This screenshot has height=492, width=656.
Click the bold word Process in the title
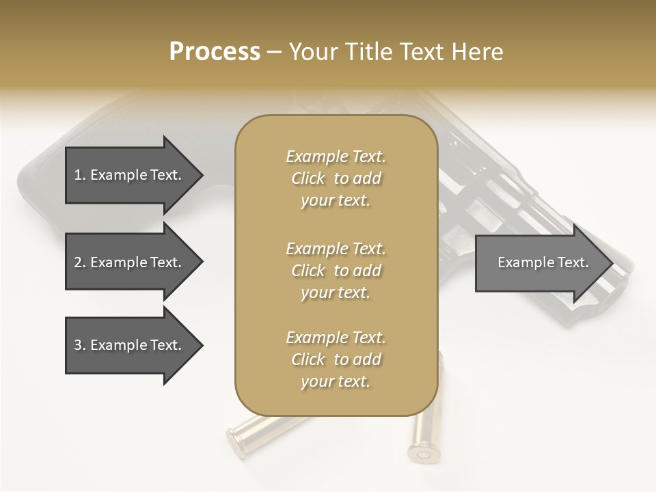215,52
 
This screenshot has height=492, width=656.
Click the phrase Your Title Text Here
396,52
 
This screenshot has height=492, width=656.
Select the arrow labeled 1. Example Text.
130,175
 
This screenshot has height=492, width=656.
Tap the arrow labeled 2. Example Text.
130,262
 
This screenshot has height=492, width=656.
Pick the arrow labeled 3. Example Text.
130,345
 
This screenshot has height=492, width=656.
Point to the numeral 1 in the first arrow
78,175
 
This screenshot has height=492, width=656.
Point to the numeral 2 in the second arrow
78,262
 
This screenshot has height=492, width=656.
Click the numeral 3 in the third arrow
78,345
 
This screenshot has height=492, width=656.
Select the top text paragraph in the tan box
336,178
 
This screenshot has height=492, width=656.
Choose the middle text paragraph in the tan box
336,271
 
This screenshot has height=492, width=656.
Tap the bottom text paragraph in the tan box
336,359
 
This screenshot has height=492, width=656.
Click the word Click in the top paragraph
308,178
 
